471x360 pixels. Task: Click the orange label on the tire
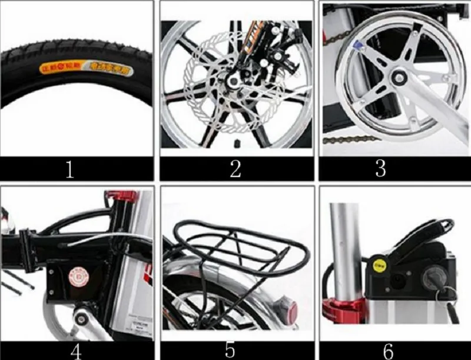[61, 68]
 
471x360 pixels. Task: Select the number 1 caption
[70, 169]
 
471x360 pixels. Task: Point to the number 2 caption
[235, 169]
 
